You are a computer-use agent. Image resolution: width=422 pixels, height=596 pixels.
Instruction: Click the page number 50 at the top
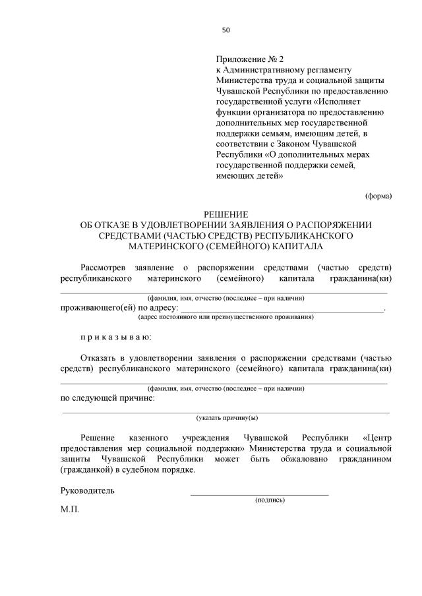click(226, 30)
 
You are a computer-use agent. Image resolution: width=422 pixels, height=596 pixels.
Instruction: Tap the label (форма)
click(378, 196)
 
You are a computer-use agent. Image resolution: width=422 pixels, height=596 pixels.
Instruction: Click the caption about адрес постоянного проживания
click(226, 317)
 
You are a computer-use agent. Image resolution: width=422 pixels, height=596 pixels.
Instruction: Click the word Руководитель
click(88, 491)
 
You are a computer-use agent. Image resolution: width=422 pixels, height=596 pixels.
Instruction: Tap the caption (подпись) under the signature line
click(270, 500)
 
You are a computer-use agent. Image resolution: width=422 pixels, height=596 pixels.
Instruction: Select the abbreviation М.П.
click(69, 510)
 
